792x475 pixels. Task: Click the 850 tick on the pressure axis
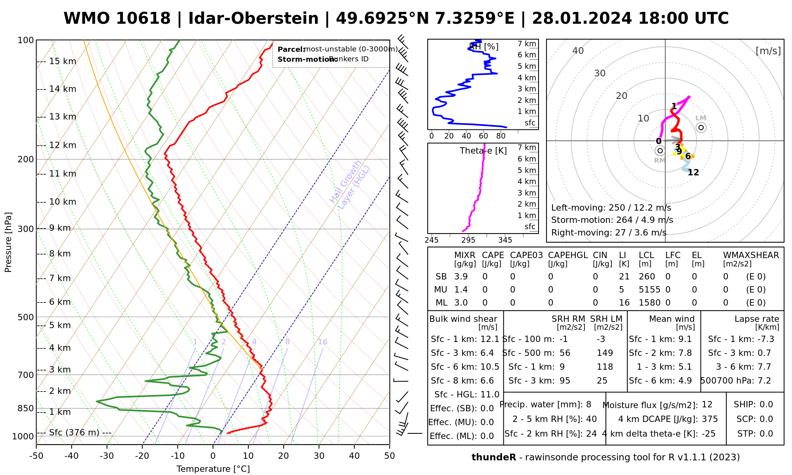(26, 408)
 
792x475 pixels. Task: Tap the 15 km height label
(63, 61)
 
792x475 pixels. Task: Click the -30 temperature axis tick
(107, 456)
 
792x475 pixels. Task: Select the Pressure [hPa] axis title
(8, 242)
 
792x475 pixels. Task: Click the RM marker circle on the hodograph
(660, 150)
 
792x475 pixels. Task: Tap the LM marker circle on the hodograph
(701, 127)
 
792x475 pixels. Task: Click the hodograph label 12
(693, 173)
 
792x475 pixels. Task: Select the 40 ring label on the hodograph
(578, 51)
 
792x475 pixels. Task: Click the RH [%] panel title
(484, 47)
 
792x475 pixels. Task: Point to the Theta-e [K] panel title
(483, 151)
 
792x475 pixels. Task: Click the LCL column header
(646, 255)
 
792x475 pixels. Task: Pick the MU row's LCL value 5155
(649, 290)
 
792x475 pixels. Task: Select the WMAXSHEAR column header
(751, 255)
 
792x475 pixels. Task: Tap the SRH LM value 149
(605, 353)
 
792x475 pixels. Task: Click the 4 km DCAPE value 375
(710, 419)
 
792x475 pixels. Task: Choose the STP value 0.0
(766, 434)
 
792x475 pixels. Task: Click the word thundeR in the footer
(493, 458)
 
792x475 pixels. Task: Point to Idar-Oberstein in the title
(253, 19)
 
